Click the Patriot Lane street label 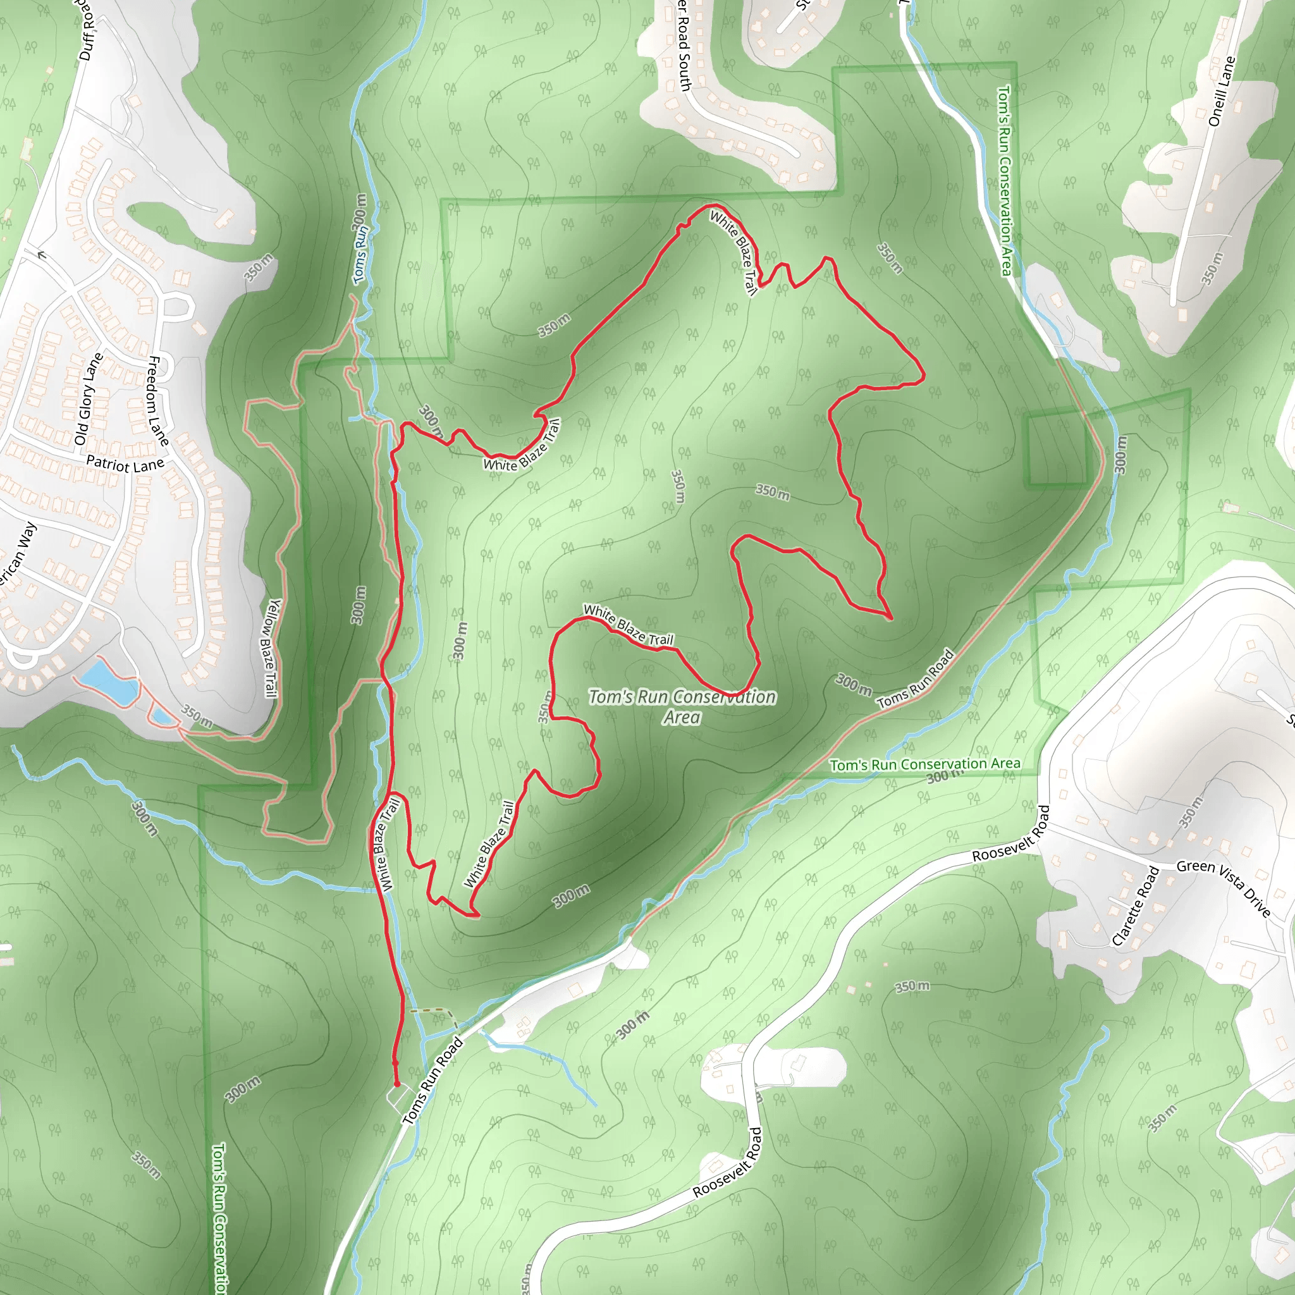click(x=125, y=464)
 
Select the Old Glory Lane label click(x=89, y=399)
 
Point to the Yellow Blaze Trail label click(x=271, y=647)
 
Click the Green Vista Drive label click(x=1224, y=887)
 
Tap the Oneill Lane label click(x=1221, y=91)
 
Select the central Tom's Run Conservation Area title click(x=682, y=706)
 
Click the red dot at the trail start click(x=397, y=1084)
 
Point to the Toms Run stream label click(x=360, y=255)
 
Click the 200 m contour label click(x=360, y=210)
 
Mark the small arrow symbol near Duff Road click(x=42, y=255)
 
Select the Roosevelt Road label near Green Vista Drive click(x=1011, y=833)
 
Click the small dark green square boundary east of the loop click(x=1057, y=450)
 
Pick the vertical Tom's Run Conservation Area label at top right click(x=1005, y=180)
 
